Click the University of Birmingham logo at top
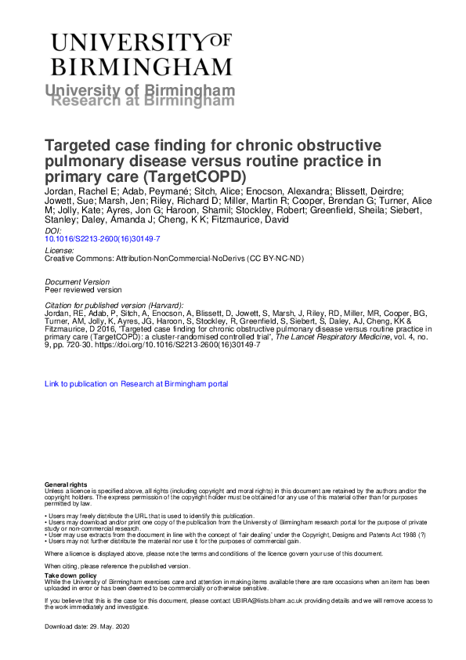(141, 53)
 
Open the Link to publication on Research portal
(137, 384)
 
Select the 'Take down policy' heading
(66, 575)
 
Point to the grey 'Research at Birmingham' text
(142, 100)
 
